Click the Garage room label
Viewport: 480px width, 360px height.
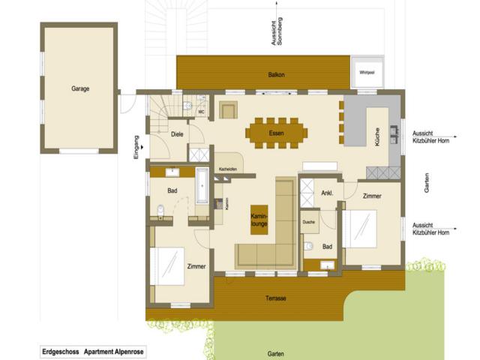pos(80,88)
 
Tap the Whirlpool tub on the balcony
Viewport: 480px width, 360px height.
pos(367,73)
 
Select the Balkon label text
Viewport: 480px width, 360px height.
pos(276,75)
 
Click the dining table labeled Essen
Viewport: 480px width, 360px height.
pos(276,133)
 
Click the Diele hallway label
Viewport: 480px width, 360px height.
pos(177,134)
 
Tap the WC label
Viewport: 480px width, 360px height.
pos(201,112)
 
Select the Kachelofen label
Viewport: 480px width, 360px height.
pos(228,169)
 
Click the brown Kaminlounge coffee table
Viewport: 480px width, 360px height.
pos(259,219)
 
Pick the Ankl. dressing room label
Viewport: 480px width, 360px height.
pos(327,193)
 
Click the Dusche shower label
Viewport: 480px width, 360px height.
pos(308,223)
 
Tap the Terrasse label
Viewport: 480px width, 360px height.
pos(276,298)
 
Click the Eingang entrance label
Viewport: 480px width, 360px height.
pos(136,146)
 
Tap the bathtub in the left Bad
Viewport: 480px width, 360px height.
pos(202,187)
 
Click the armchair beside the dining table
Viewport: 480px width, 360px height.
pos(228,109)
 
